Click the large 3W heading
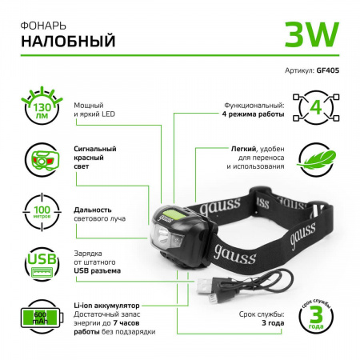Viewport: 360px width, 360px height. point(311,34)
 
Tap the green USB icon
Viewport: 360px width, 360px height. point(35,265)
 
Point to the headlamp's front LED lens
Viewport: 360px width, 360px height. point(164,238)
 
